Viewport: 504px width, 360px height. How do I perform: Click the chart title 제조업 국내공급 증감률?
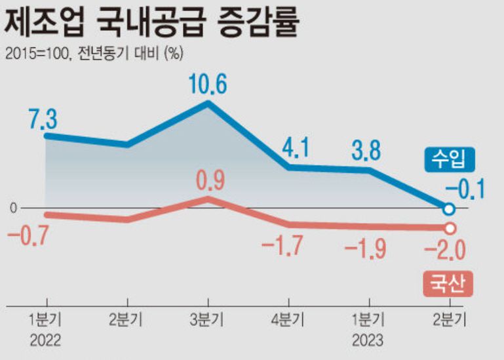point(153,25)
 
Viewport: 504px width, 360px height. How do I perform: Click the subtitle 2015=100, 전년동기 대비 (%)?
point(93,54)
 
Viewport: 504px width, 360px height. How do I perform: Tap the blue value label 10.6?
point(207,84)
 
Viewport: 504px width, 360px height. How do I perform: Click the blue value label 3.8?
point(365,151)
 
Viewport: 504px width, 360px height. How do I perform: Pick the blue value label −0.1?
point(465,190)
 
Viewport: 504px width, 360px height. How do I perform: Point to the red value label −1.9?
point(365,249)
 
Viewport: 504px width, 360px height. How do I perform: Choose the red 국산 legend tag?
point(448,283)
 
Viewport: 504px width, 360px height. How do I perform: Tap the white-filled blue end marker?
point(449,209)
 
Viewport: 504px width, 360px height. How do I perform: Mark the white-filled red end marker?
point(450,228)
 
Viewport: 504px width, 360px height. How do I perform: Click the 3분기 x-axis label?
point(207,321)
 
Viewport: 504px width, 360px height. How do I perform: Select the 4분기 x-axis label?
point(288,321)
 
